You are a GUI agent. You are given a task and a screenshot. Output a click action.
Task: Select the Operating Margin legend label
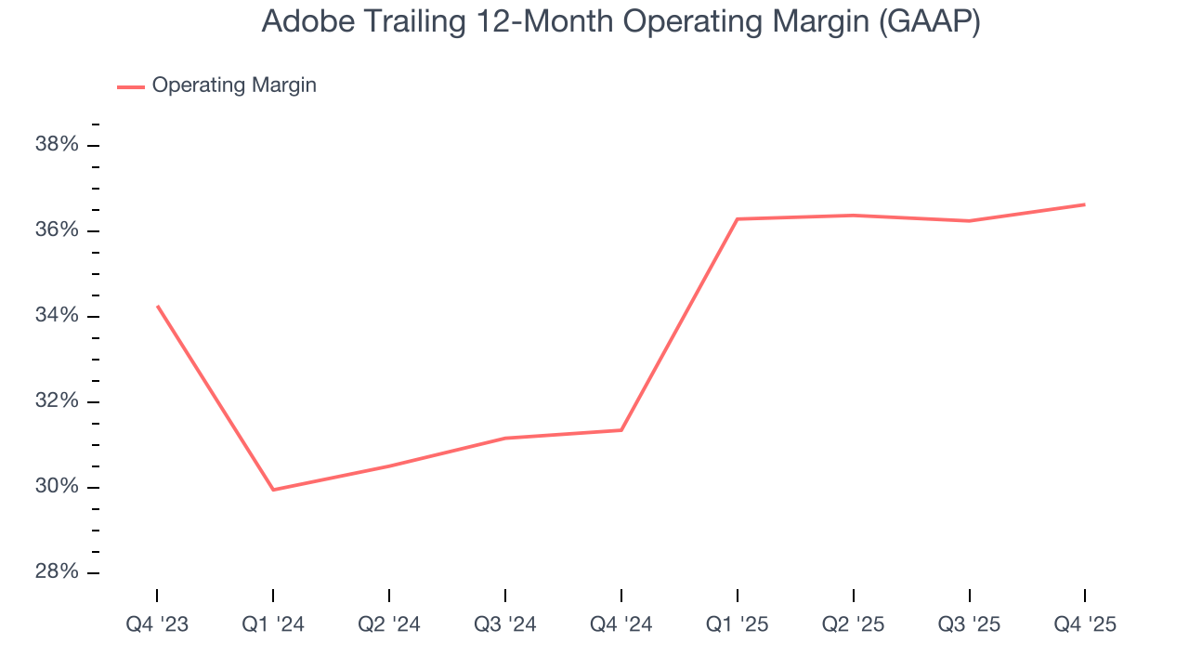click(234, 85)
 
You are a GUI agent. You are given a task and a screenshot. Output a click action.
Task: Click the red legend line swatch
click(130, 86)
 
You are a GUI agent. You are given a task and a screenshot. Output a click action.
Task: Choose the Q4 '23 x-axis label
click(157, 624)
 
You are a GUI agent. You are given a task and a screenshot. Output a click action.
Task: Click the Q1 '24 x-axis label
click(273, 624)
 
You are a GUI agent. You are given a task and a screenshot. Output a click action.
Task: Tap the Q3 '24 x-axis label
click(505, 624)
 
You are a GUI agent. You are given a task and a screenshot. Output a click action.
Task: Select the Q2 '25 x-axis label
click(854, 624)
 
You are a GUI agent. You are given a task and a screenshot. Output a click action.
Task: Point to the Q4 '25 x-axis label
click(1085, 624)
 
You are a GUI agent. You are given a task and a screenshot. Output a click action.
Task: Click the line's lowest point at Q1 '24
click(273, 490)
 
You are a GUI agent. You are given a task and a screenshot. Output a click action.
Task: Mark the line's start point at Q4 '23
click(158, 306)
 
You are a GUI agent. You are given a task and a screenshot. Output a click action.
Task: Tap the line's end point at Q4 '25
click(1084, 204)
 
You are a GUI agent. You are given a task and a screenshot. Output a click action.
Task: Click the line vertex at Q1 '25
click(737, 219)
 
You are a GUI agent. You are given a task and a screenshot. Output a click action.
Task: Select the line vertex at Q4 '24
click(621, 430)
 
